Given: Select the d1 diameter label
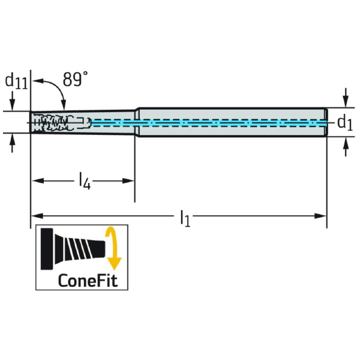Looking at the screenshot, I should pos(343,123).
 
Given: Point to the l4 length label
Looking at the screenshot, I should pos(84,181).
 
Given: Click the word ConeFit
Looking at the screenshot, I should pos(88,280).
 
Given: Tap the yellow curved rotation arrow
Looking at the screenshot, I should pos(113,248).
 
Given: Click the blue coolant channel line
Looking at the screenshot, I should pos(210,122).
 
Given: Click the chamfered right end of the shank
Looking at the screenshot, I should pos(326,123).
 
